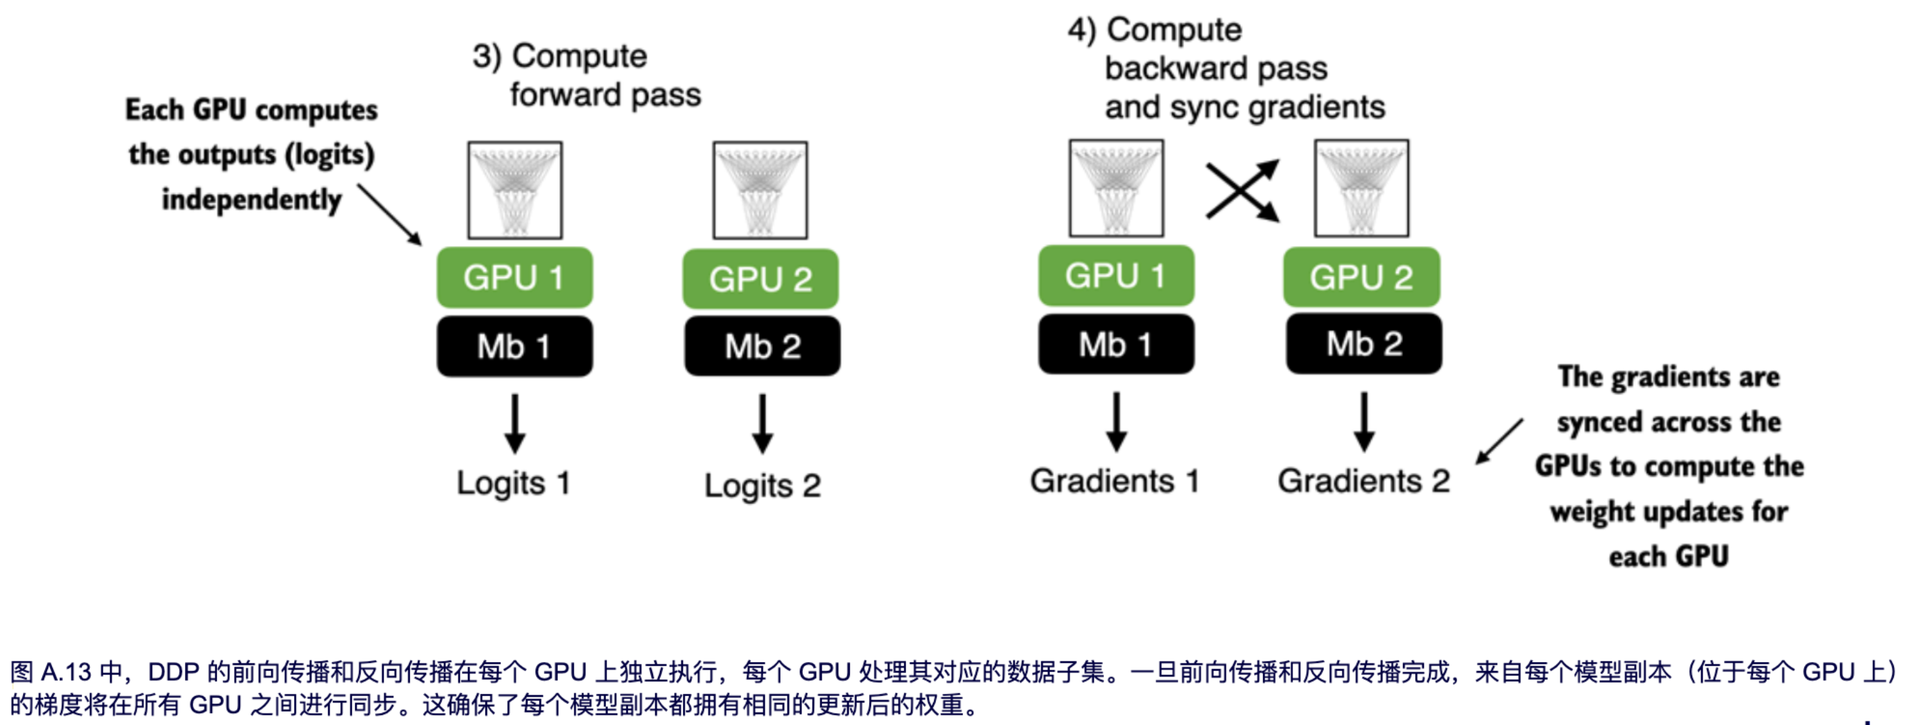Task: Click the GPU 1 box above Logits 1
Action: click(514, 278)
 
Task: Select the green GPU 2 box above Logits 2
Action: click(760, 279)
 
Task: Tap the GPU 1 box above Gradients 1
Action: click(1116, 275)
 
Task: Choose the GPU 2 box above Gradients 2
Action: click(1362, 277)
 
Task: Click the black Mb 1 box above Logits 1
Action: click(514, 346)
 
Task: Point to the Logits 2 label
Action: click(763, 486)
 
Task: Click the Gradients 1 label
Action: click(1114, 481)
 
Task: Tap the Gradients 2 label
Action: click(1363, 481)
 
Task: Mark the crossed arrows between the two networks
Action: click(1242, 191)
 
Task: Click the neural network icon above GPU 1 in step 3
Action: click(514, 190)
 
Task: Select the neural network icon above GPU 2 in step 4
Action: click(1362, 188)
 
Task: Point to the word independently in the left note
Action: click(251, 200)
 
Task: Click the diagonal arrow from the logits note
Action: click(390, 215)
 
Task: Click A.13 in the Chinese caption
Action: click(66, 672)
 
